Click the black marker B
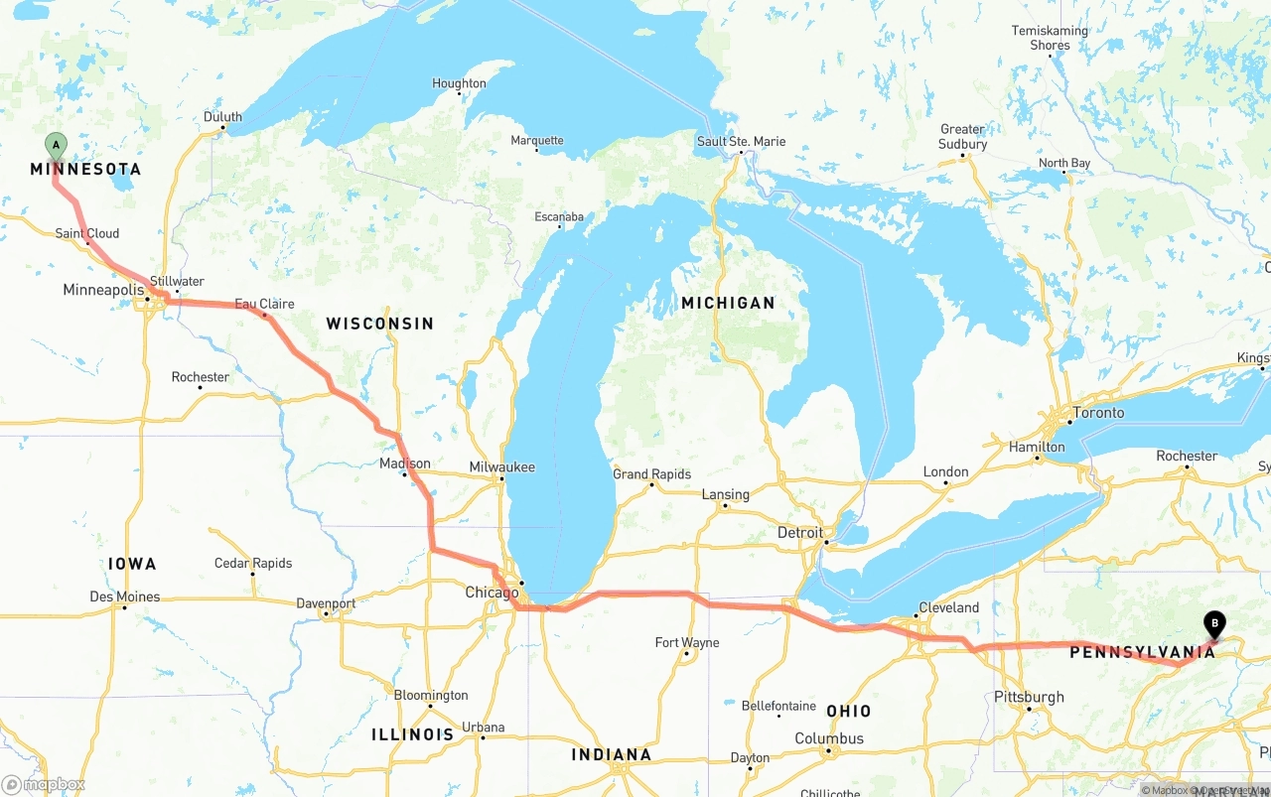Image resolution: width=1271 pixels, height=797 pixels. point(1212,624)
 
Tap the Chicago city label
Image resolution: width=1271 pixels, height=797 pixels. point(492,593)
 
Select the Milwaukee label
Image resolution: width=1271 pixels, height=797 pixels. point(502,466)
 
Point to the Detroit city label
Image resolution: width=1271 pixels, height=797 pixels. point(800,532)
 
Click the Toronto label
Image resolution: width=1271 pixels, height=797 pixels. point(1098,412)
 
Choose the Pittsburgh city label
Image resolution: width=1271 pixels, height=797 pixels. point(1029,697)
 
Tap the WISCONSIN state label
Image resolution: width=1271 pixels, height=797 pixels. point(379,324)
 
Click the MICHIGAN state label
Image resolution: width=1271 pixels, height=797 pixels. point(728,303)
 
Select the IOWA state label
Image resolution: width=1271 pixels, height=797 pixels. point(132,564)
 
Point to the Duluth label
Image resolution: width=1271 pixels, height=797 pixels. point(222,116)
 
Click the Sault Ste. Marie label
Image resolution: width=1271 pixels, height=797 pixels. point(741,141)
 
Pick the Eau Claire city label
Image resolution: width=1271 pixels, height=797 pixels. point(264,304)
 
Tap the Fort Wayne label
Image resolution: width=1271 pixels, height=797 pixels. point(687,642)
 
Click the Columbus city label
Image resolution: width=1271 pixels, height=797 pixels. point(829,738)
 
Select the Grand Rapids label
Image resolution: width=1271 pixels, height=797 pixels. point(651,473)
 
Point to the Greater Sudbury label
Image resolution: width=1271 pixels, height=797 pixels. point(963,136)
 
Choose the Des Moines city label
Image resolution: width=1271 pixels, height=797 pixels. point(124,597)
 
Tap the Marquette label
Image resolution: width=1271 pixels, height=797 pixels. point(537,140)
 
